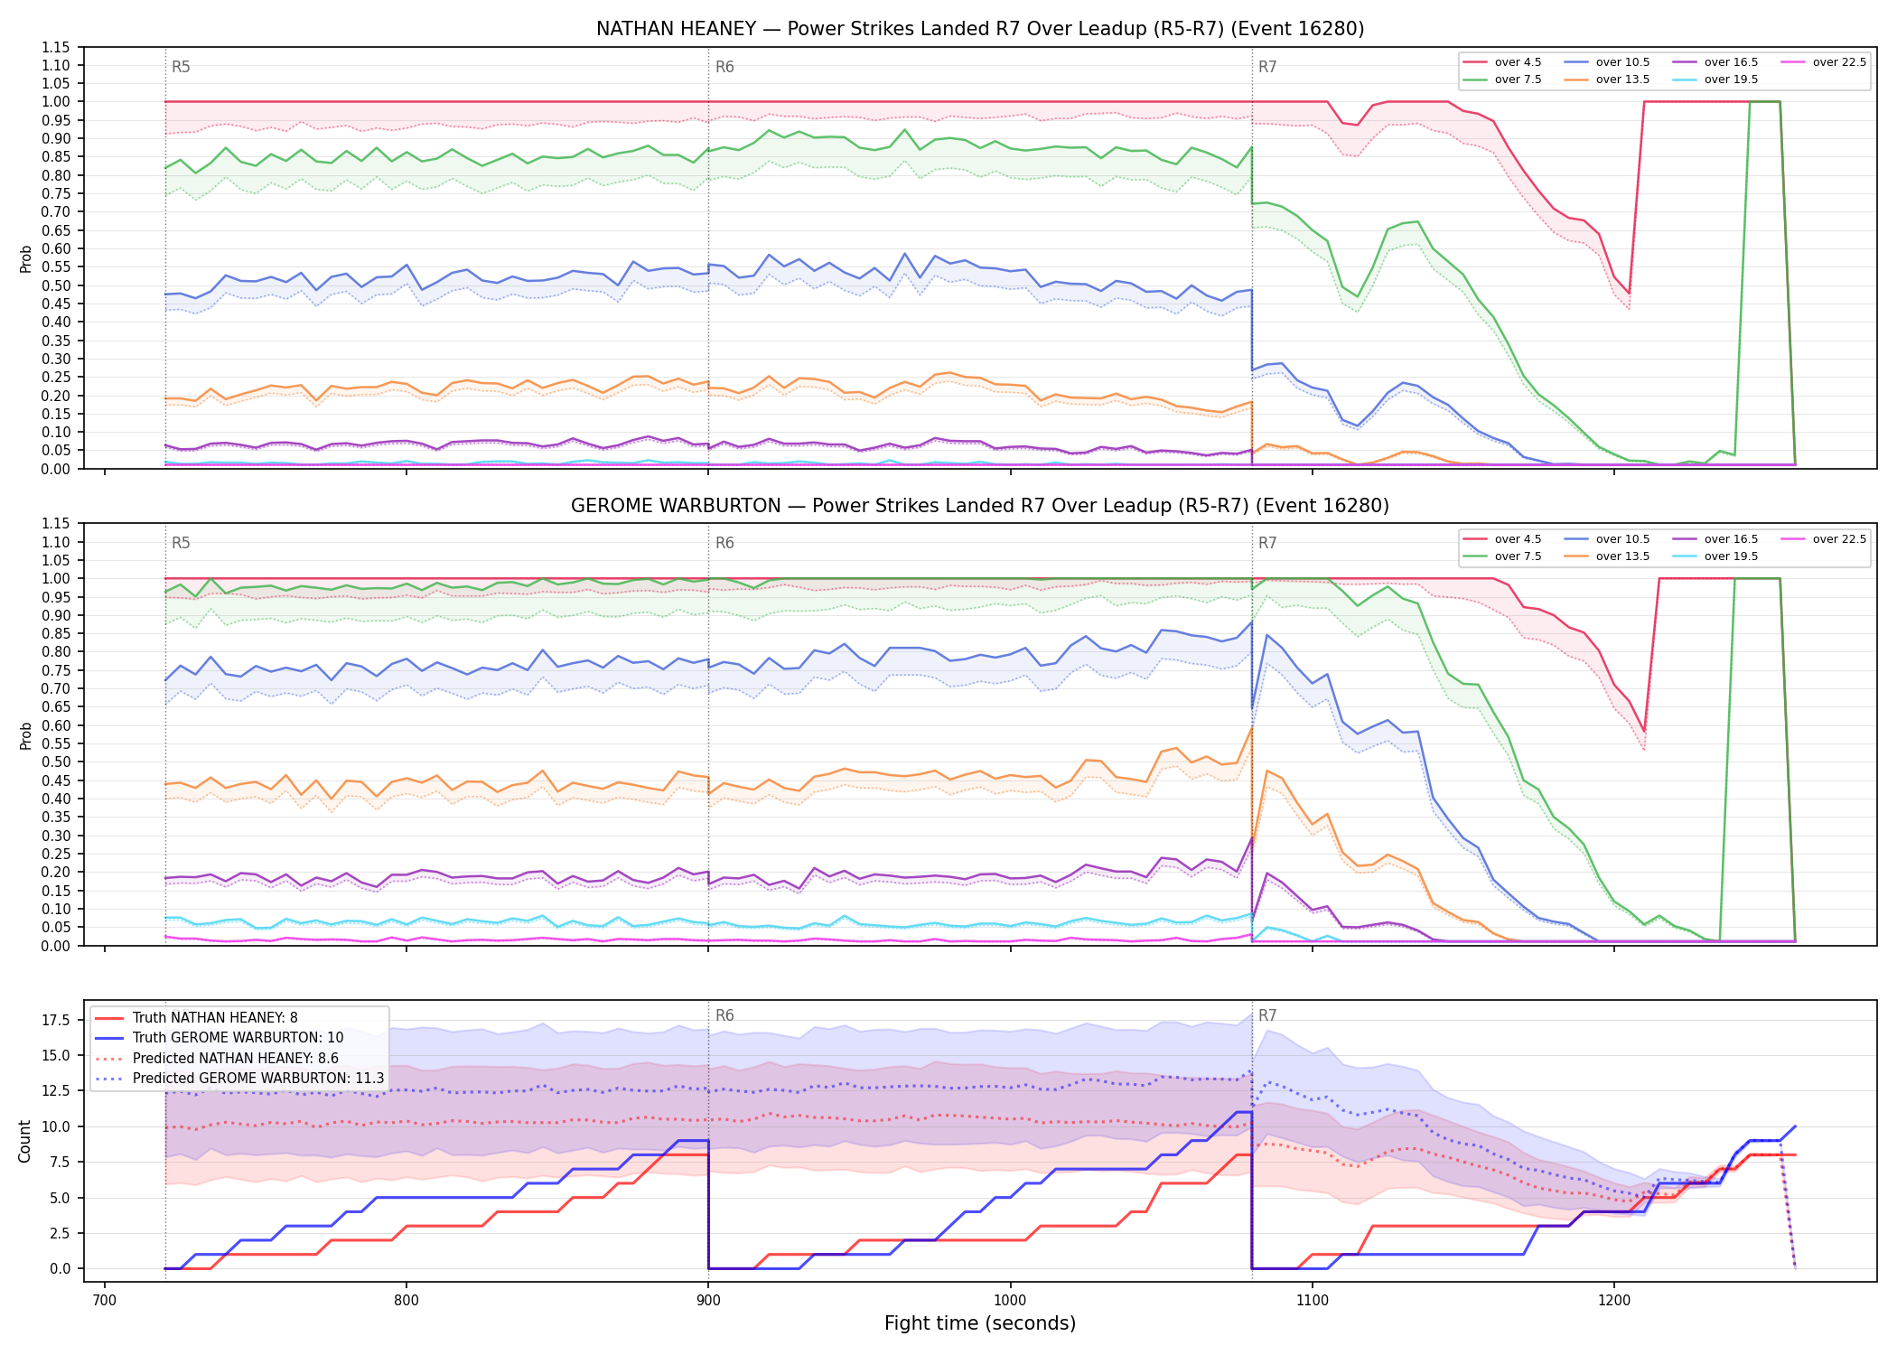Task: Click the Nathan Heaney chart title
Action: (x=980, y=29)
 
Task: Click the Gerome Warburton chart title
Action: (x=980, y=506)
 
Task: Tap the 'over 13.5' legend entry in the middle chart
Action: (x=1607, y=556)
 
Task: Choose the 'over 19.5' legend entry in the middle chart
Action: (x=1715, y=556)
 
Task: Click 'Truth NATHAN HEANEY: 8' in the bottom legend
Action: (x=196, y=1018)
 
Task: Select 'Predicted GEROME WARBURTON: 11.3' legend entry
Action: (x=239, y=1079)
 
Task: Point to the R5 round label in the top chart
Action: (x=181, y=67)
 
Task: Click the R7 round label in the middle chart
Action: (x=1267, y=543)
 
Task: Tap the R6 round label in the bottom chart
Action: (x=724, y=1015)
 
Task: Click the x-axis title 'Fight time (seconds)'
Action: (x=980, y=1323)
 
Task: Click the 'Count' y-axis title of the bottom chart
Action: (x=25, y=1141)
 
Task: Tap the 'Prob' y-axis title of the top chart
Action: (x=25, y=259)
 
